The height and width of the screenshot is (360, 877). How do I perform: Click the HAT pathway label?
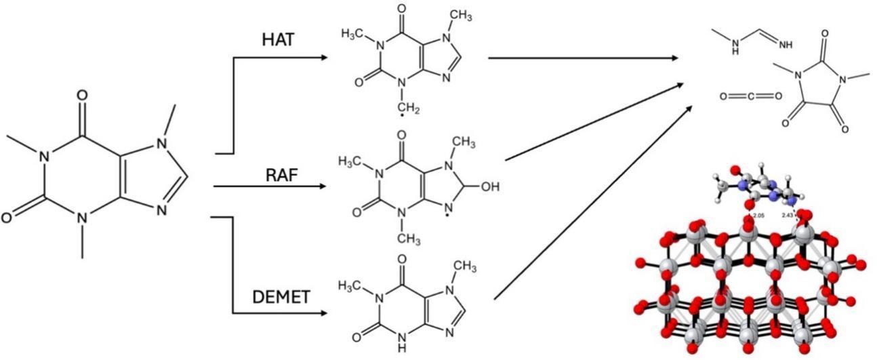coord(278,39)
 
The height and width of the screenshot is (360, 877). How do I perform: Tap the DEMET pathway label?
coord(281,296)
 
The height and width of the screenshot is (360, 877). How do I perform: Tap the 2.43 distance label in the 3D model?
coord(788,215)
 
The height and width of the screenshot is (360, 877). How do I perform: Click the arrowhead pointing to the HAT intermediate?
coord(323,58)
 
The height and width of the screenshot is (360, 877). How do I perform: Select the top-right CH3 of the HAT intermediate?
coord(461,14)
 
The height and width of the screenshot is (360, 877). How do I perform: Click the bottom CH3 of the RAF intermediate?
coord(409,239)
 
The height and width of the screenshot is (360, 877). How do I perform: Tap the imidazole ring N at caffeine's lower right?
coord(161,211)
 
